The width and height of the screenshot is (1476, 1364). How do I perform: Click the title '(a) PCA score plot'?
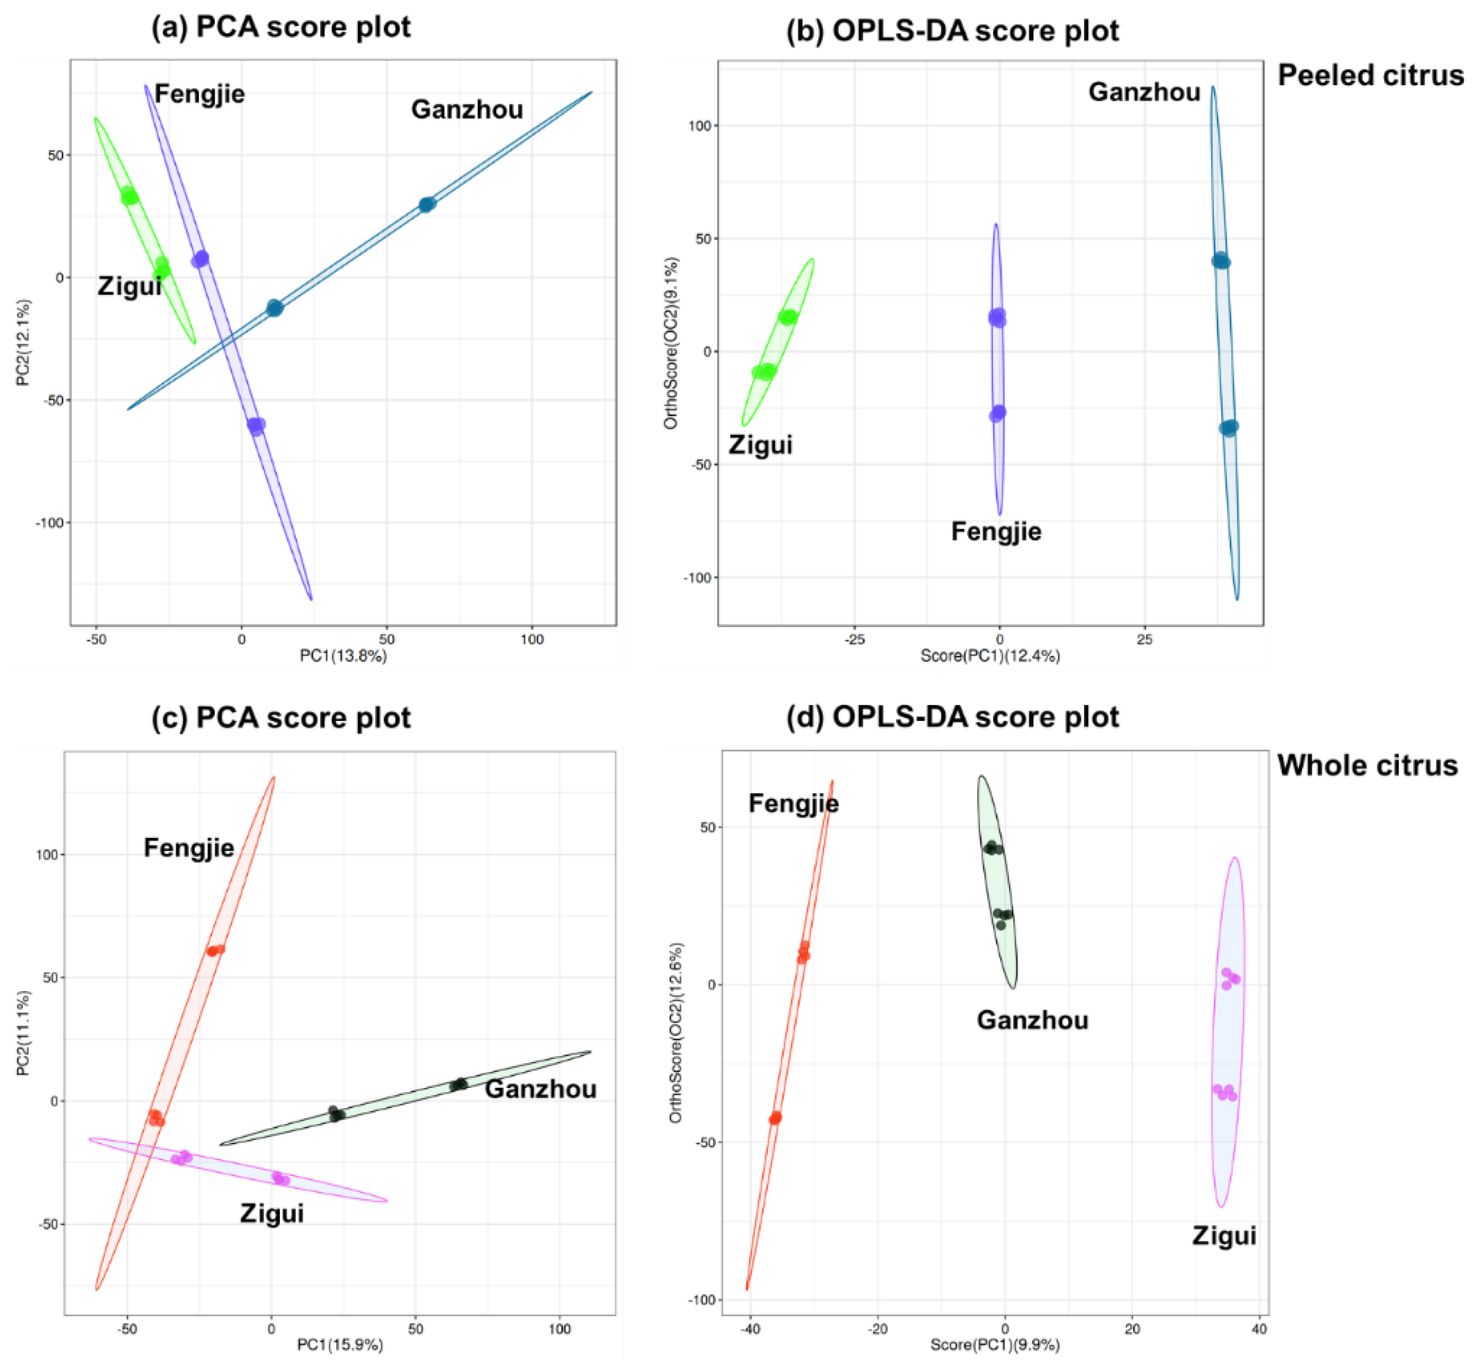(x=281, y=27)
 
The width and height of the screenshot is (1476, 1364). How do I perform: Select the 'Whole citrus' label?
(x=1367, y=766)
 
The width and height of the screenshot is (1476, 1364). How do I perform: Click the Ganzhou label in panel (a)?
(x=466, y=109)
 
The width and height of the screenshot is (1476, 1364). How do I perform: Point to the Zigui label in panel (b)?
(x=760, y=445)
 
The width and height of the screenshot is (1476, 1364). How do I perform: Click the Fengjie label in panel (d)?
(x=794, y=803)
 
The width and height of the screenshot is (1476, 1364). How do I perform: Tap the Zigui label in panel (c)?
(x=272, y=1213)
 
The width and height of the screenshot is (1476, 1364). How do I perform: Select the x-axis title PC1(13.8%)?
(x=343, y=655)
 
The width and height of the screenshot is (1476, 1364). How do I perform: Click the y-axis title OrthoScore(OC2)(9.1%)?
(x=670, y=343)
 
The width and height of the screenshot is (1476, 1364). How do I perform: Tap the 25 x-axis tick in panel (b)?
(x=1144, y=639)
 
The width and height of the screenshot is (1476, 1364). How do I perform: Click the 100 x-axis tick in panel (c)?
(x=560, y=1328)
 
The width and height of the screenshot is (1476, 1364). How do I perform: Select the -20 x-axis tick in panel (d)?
(x=878, y=1328)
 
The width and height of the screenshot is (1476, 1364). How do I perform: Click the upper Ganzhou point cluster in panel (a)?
(x=427, y=204)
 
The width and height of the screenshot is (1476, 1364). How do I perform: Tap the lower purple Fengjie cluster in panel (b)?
(x=997, y=413)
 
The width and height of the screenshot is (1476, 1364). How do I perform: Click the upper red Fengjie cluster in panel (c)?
(x=215, y=951)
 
